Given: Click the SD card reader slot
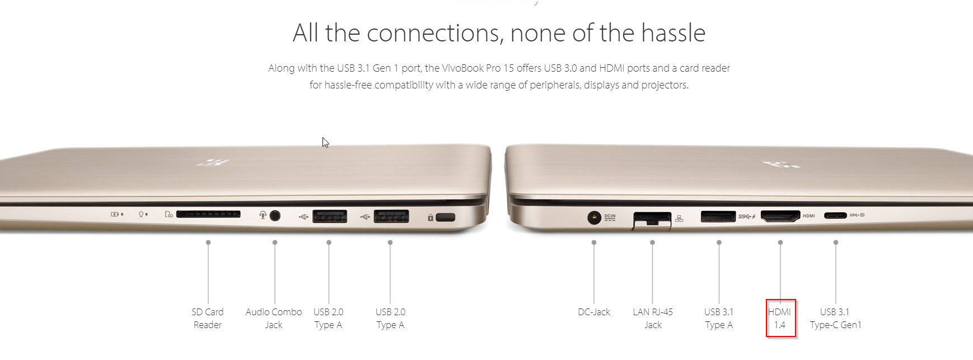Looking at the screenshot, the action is point(208,214).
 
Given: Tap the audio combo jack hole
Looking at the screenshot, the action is point(275,215).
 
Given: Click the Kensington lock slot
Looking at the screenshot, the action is point(445,217).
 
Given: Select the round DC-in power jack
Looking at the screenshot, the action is point(594,217).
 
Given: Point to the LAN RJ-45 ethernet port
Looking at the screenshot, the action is point(652,220).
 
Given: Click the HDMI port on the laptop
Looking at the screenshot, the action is point(780,216).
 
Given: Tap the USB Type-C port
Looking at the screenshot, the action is point(835,215).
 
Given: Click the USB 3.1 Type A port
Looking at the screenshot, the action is point(718,216).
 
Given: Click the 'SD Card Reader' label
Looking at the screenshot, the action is point(207,319).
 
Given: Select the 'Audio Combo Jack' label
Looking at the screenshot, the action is point(274,319).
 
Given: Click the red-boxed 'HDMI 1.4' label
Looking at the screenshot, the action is point(780,319).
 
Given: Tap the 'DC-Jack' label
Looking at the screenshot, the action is point(594,312).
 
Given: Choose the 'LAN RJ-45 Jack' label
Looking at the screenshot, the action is point(653,319).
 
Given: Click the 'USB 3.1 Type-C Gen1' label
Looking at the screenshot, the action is point(835,319).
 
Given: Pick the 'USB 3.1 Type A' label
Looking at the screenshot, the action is point(719,319).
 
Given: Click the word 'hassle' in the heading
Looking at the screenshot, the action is point(673,32).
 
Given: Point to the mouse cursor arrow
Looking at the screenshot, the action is point(325,142).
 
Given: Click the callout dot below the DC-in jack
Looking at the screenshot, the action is point(594,242).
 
